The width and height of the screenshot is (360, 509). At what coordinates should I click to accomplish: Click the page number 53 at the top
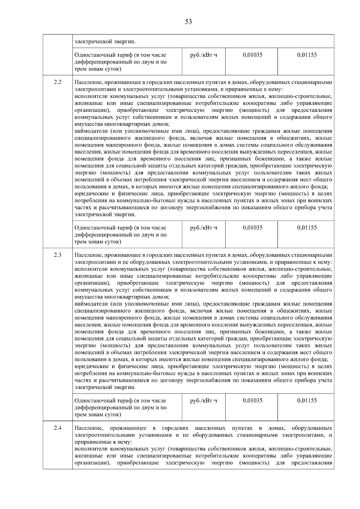pyautogui.click(x=188, y=22)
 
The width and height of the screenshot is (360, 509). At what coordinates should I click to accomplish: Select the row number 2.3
pyautogui.click(x=58, y=255)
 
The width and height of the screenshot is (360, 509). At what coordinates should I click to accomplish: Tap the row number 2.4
pyautogui.click(x=58, y=428)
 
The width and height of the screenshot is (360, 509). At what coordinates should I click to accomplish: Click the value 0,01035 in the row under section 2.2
pyautogui.click(x=253, y=228)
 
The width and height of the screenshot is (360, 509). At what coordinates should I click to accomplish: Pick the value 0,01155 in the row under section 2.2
pyautogui.click(x=307, y=228)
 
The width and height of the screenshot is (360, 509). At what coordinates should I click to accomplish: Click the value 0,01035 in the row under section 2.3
pyautogui.click(x=253, y=401)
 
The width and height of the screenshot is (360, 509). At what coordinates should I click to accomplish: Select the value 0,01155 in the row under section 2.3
pyautogui.click(x=307, y=401)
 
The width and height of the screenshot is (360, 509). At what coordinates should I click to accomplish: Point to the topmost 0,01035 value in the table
pyautogui.click(x=253, y=55)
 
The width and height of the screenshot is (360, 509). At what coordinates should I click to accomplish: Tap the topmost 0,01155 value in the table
pyautogui.click(x=307, y=55)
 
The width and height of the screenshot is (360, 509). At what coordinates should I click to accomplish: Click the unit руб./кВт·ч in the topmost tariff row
pyautogui.click(x=204, y=55)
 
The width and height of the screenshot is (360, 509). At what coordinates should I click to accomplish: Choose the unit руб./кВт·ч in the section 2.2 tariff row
pyautogui.click(x=204, y=228)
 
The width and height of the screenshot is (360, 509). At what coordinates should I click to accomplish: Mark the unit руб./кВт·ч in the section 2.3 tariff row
pyautogui.click(x=204, y=401)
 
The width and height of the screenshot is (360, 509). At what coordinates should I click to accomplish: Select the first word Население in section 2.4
pyautogui.click(x=88, y=428)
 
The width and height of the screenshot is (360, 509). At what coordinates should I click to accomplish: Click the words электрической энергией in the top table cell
pyautogui.click(x=105, y=41)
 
